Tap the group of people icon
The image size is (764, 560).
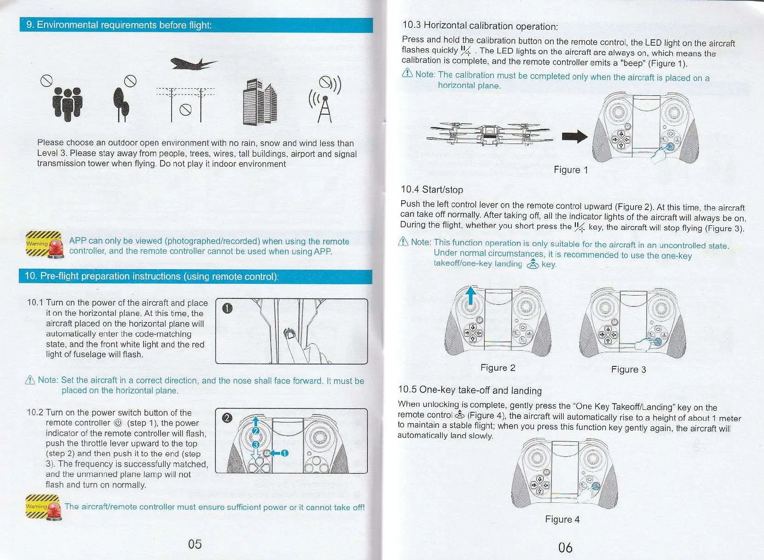click(x=68, y=103)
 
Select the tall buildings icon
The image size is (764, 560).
click(x=259, y=102)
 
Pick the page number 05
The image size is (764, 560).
click(x=195, y=544)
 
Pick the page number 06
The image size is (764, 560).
click(x=565, y=548)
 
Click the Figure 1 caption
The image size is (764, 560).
click(x=571, y=170)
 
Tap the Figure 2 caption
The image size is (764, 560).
click(x=498, y=368)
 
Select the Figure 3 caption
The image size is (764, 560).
click(x=628, y=370)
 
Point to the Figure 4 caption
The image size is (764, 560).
click(x=562, y=519)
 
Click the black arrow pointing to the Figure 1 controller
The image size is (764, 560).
click(x=575, y=137)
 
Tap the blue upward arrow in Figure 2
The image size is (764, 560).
click(x=471, y=297)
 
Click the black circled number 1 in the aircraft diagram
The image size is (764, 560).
click(x=227, y=309)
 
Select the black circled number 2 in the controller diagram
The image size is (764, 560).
click(x=227, y=418)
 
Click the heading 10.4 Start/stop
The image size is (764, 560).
click(x=432, y=190)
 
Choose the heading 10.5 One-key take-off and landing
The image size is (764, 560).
click(x=470, y=390)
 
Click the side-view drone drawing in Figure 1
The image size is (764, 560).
click(x=489, y=134)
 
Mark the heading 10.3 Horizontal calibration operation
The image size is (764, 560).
click(x=480, y=25)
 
